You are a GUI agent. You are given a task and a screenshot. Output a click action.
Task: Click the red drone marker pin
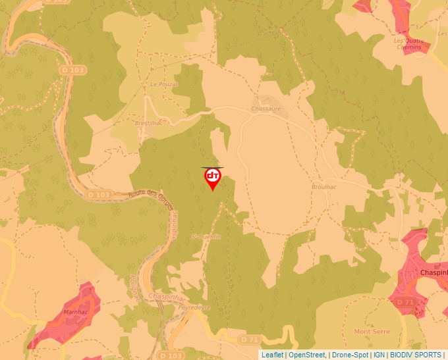point(213,178)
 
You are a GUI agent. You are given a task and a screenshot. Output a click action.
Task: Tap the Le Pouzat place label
point(164,84)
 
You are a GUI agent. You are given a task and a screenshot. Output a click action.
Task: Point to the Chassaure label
point(266,109)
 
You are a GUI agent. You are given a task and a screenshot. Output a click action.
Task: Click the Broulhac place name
point(323,187)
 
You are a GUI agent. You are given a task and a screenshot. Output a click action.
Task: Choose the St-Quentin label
point(206,236)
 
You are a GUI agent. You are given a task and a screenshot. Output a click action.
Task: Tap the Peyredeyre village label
point(194,307)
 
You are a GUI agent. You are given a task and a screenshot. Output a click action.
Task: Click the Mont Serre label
point(372,332)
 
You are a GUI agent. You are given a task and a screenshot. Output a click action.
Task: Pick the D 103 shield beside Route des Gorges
point(99,195)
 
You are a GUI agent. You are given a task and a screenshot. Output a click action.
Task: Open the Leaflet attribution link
point(272,355)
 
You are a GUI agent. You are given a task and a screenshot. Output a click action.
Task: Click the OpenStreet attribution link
point(307,355)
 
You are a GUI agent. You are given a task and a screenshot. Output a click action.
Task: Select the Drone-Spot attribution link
point(350,355)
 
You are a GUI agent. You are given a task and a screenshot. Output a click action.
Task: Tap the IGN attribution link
point(379,355)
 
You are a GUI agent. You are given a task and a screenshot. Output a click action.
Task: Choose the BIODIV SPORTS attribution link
point(416,355)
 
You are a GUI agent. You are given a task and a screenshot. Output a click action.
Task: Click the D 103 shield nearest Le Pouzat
point(77,69)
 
